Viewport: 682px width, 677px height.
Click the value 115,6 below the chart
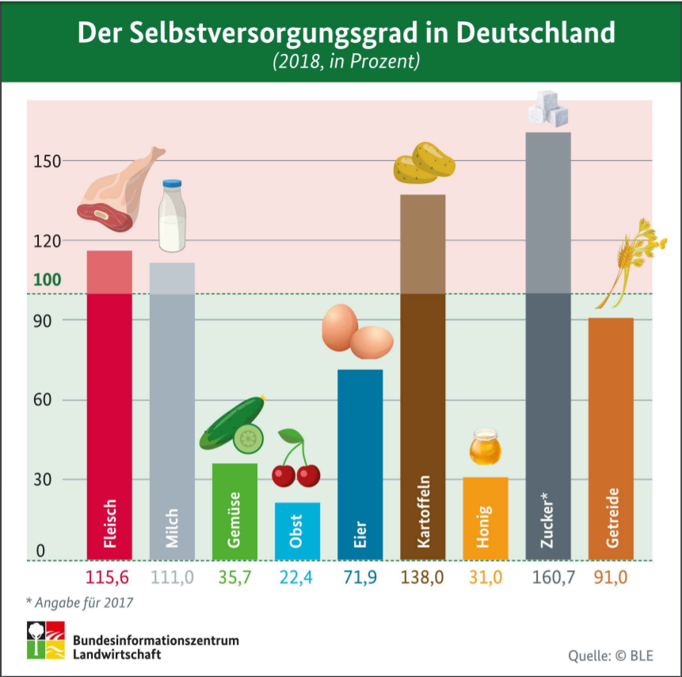point(109,577)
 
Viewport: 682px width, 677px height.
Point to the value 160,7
point(548,577)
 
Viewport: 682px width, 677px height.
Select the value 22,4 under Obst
point(297,577)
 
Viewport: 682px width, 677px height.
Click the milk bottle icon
point(172,215)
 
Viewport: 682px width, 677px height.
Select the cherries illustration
point(295,460)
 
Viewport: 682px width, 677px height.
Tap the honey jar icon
point(485,447)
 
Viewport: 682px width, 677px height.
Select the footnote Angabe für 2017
point(85,602)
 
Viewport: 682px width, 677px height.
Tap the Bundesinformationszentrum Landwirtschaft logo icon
point(45,640)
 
